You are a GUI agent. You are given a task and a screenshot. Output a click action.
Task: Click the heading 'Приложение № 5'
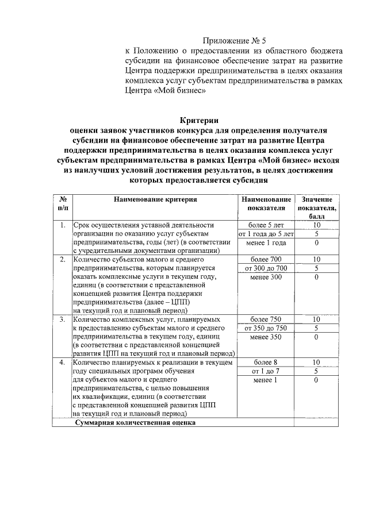(x=235, y=41)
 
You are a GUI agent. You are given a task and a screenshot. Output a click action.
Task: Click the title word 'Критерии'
(x=199, y=121)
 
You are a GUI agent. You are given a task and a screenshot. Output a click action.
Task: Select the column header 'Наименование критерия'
(x=155, y=199)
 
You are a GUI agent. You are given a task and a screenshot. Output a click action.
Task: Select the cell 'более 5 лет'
(x=266, y=225)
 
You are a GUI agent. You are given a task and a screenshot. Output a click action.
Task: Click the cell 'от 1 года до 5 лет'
(x=266, y=234)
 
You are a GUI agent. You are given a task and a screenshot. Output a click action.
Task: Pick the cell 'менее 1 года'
(x=266, y=242)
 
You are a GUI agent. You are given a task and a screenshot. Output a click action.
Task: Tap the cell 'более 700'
(x=266, y=260)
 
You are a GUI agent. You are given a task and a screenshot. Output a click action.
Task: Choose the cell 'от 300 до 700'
(x=266, y=268)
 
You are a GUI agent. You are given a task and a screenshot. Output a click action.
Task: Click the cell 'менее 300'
(x=266, y=278)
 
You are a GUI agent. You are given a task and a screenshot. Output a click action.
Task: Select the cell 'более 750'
(x=266, y=319)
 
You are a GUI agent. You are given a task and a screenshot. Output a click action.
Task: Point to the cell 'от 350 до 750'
(x=266, y=328)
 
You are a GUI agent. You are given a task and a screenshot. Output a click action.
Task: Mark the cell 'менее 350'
(x=266, y=337)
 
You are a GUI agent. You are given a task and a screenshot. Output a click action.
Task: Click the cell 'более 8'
(x=266, y=363)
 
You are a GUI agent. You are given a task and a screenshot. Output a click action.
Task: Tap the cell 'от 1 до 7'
(x=266, y=371)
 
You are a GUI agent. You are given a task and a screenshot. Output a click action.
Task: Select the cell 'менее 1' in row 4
(x=266, y=380)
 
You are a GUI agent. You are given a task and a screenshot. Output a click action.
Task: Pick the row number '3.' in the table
(x=62, y=319)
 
